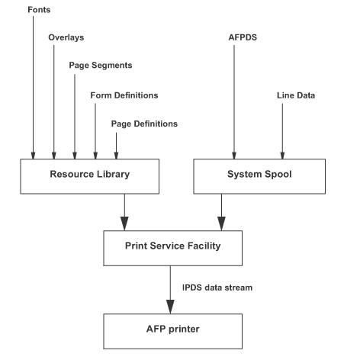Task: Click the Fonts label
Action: pyautogui.click(x=39, y=10)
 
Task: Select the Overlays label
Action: pyautogui.click(x=66, y=37)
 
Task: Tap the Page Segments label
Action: pyautogui.click(x=101, y=66)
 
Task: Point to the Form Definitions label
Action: pyautogui.click(x=124, y=95)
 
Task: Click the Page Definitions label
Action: pyautogui.click(x=144, y=124)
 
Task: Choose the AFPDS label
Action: pyautogui.click(x=243, y=37)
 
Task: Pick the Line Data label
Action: pyautogui.click(x=296, y=95)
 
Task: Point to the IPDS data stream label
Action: pyautogui.click(x=217, y=288)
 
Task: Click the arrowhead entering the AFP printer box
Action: pyautogui.click(x=170, y=307)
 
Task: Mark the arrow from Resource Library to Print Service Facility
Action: pyautogui.click(x=124, y=212)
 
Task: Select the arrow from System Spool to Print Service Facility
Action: pyautogui.click(x=221, y=212)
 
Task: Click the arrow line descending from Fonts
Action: pyautogui.click(x=33, y=88)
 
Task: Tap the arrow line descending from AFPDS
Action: pyautogui.click(x=234, y=102)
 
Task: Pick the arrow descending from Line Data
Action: pyautogui.click(x=282, y=131)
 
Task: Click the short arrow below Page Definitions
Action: pyautogui.click(x=116, y=146)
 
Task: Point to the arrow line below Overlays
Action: pyautogui.click(x=54, y=102)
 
